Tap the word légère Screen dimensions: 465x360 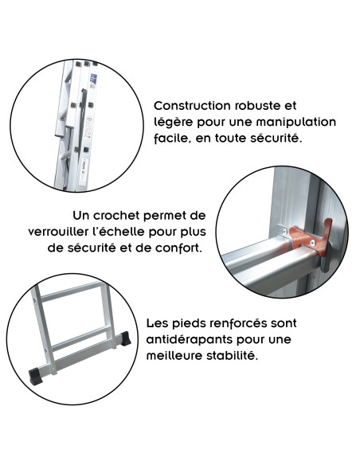pyautogui.click(x=174, y=122)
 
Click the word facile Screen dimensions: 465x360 pyautogui.click(x=172, y=138)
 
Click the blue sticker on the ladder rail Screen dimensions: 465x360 pyautogui.click(x=93, y=80)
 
